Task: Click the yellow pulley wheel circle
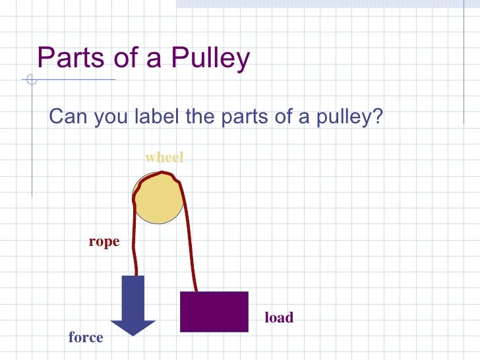point(158,198)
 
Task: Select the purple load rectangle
point(214,311)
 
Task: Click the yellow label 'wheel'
point(164,158)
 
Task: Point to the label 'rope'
point(104,242)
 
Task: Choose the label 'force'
point(86,338)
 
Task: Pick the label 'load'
point(279,318)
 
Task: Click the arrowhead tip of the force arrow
point(133,334)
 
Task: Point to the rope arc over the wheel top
point(162,175)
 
